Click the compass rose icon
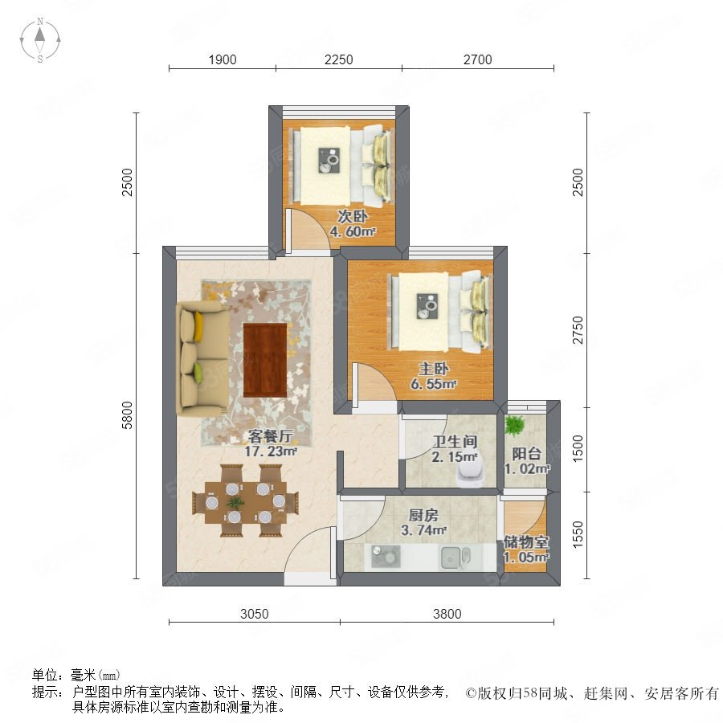[40, 40]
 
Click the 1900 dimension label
[223, 59]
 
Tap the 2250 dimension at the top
[338, 59]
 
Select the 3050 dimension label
[254, 614]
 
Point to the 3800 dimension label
[447, 614]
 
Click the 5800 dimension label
[127, 415]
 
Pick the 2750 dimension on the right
[578, 330]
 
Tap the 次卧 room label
[353, 216]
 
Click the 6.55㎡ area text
[434, 384]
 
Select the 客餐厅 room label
[270, 435]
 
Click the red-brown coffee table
[265, 360]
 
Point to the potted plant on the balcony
[515, 425]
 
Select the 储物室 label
[525, 541]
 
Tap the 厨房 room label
[423, 515]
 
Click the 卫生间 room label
[455, 442]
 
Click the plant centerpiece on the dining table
[235, 502]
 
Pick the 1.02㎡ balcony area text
[527, 469]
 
